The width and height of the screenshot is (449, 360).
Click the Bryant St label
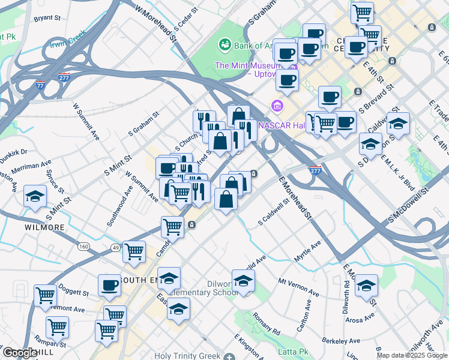pyautogui.click(x=49, y=19)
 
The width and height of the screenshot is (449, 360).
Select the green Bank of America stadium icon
pyautogui.click(x=225, y=44)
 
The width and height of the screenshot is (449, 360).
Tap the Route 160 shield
pyautogui.click(x=83, y=247)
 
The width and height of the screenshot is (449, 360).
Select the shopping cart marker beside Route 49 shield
pyautogui.click(x=134, y=251)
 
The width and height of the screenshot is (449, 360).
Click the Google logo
pyautogui.click(x=19, y=353)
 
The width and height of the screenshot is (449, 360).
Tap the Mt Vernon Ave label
pyautogui.click(x=298, y=286)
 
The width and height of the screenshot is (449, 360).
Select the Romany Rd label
pyautogui.click(x=266, y=323)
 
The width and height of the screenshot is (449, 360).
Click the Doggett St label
pyautogui.click(x=73, y=293)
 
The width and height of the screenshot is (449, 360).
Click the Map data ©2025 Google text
pyautogui.click(x=412, y=355)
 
